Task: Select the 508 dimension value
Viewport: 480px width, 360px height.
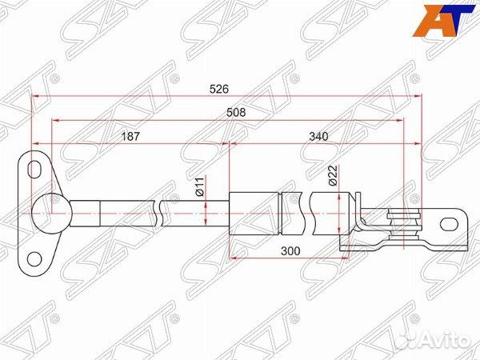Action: pos(236,113)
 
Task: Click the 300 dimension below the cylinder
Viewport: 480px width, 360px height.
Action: pos(290,250)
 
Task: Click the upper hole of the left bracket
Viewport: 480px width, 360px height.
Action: pos(34,169)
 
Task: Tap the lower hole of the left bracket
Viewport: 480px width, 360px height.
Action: pos(34,258)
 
